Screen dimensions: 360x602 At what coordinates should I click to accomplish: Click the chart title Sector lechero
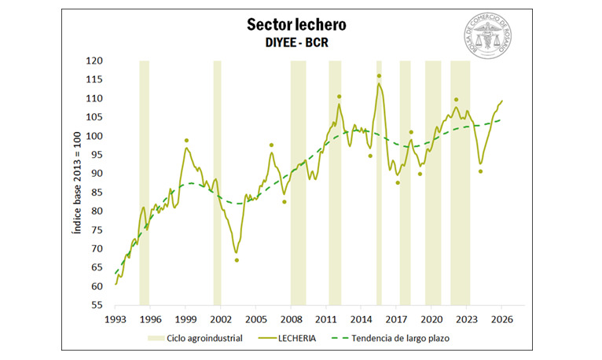click(x=295, y=24)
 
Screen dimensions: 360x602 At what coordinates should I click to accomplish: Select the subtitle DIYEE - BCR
click(x=295, y=42)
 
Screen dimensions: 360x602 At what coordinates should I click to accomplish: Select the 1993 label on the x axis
click(x=115, y=320)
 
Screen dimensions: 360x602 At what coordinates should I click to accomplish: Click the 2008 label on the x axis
click(x=291, y=320)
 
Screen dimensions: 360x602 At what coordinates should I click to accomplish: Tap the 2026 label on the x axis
click(x=502, y=320)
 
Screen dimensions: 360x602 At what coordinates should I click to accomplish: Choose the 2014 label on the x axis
click(x=362, y=320)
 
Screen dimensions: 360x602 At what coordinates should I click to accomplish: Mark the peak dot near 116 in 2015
click(x=379, y=76)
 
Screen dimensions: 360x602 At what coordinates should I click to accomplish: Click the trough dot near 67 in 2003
click(x=237, y=260)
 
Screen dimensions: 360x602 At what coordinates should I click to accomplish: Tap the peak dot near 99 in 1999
click(x=186, y=141)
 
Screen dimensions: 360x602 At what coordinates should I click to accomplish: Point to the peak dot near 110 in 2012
click(x=340, y=97)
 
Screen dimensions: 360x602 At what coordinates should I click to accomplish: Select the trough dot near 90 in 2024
click(x=480, y=171)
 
